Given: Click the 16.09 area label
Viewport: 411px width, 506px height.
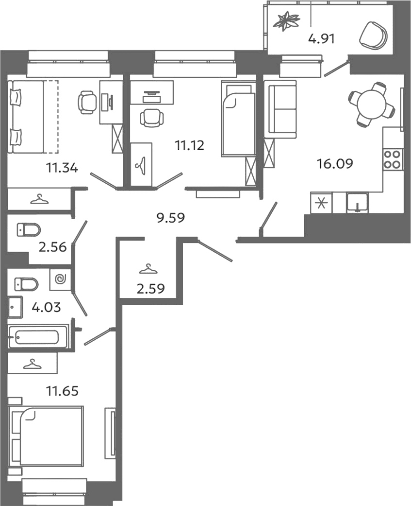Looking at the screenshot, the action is click(x=335, y=164).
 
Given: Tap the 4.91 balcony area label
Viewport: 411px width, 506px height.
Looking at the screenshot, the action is click(x=321, y=39).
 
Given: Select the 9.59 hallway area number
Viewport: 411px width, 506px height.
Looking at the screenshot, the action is click(x=170, y=218).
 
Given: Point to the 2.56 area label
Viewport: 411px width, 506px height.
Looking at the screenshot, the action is click(x=52, y=247).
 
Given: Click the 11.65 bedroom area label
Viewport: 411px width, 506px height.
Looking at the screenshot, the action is click(x=63, y=391).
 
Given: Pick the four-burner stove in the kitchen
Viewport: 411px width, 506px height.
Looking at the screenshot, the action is click(x=392, y=159).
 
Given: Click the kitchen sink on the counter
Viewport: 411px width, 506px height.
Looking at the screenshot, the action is click(x=357, y=202).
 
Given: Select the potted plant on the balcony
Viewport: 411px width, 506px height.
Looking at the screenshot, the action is click(x=286, y=21).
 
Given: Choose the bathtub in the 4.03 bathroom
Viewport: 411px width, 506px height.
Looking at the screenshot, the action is click(x=38, y=337).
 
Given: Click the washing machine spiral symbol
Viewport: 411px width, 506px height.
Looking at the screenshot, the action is click(x=60, y=279).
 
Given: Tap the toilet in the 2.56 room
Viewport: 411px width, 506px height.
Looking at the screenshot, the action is click(x=28, y=229).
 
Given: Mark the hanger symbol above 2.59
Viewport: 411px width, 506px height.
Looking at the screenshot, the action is click(x=148, y=269).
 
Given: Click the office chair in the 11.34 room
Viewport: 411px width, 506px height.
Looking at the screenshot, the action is click(x=87, y=102).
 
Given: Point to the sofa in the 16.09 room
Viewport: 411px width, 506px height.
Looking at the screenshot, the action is click(x=280, y=109).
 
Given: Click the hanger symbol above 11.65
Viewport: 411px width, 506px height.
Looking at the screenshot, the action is click(x=32, y=364).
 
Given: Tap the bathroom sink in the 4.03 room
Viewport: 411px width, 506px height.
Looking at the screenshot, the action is click(x=16, y=307).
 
